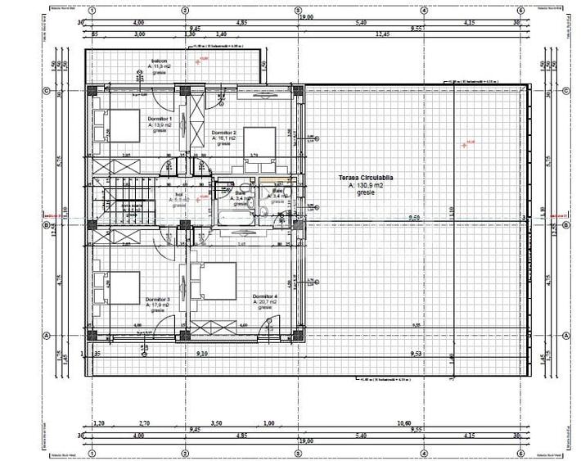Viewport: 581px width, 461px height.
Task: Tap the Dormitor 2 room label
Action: click(x=223, y=133)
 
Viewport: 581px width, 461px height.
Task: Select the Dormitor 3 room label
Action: click(x=157, y=300)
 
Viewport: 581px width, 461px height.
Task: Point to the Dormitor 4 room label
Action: click(x=265, y=296)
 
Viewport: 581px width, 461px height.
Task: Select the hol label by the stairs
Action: click(x=178, y=194)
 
